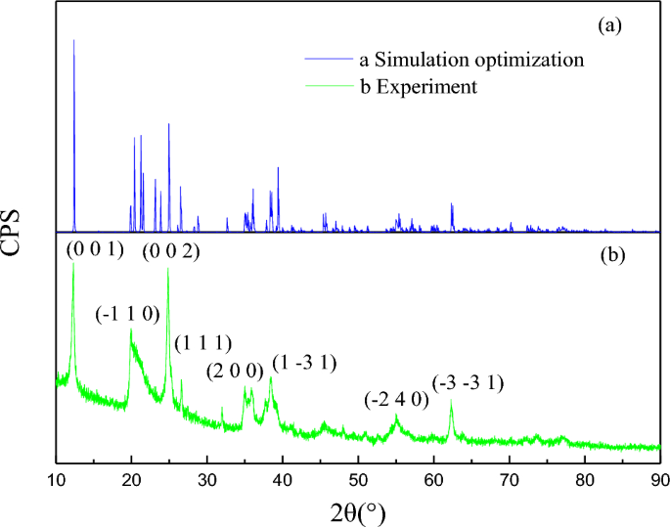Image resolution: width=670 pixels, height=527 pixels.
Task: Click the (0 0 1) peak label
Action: point(95,250)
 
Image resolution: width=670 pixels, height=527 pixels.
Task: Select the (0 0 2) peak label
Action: point(171,251)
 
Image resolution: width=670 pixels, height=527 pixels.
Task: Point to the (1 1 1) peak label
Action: point(202,343)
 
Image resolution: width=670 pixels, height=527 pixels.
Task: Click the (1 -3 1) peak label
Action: point(304,364)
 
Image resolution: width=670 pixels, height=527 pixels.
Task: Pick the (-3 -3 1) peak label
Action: point(469,383)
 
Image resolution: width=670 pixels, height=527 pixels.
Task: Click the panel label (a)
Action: point(610,26)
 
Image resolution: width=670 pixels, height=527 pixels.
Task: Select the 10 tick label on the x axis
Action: point(56,478)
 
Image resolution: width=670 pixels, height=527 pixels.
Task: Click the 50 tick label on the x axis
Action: point(358,478)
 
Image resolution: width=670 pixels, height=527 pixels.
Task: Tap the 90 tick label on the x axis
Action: point(660,478)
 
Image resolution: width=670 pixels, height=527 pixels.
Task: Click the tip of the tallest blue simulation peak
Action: point(73,40)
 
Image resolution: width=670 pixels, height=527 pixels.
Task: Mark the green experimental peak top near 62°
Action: point(452,402)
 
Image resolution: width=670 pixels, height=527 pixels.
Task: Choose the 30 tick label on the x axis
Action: point(207,478)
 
